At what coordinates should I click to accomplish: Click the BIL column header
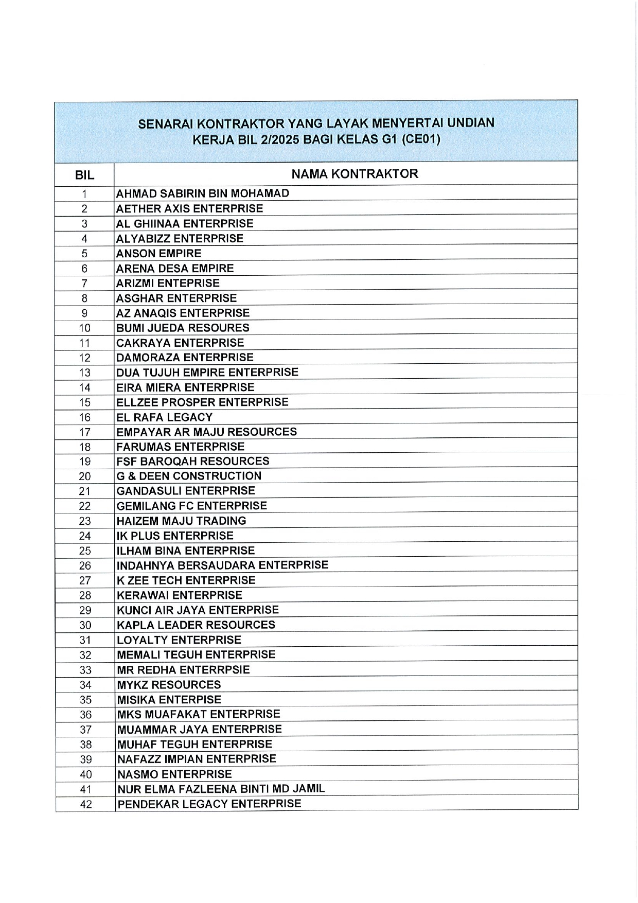[x=84, y=175]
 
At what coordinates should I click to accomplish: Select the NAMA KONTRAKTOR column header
[x=355, y=174]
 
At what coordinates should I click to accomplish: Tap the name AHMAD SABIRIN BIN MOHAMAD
[x=203, y=193]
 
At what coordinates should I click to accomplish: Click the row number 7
[x=84, y=284]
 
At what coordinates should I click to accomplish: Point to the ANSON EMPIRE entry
[x=158, y=253]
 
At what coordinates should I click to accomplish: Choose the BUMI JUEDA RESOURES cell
[x=183, y=328]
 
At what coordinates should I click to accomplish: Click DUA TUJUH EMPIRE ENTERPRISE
[x=207, y=372]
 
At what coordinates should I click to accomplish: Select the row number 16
[x=84, y=417]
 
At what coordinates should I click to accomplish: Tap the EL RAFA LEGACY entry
[x=164, y=417]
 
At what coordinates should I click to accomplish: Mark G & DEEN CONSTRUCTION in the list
[x=189, y=476]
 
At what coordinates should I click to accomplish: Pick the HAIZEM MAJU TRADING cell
[x=181, y=521]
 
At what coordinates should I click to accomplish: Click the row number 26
[x=85, y=565]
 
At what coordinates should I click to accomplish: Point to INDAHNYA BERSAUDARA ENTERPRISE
[x=222, y=565]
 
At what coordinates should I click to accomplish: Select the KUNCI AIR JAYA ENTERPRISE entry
[x=198, y=610]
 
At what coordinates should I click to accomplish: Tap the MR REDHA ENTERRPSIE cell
[x=183, y=669]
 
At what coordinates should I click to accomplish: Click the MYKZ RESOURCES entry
[x=169, y=684]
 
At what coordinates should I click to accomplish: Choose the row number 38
[x=85, y=745]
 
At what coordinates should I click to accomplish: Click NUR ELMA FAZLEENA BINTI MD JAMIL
[x=221, y=788]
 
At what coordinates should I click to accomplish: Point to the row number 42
[x=85, y=804]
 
